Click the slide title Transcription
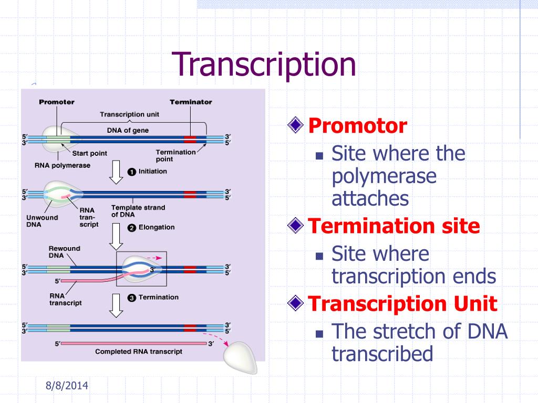click(x=264, y=65)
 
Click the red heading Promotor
click(x=357, y=126)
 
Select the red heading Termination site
click(x=394, y=226)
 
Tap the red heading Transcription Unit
click(x=402, y=304)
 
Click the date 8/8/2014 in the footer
click(x=67, y=386)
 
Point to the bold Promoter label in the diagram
click(x=57, y=102)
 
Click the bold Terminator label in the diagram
click(x=191, y=102)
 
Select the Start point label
click(x=89, y=153)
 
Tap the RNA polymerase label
click(x=63, y=165)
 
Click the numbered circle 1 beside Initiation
click(x=132, y=172)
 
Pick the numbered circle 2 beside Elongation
click(x=132, y=228)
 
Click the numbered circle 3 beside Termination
click(x=132, y=298)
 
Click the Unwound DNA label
click(x=42, y=221)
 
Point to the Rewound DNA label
click(x=64, y=252)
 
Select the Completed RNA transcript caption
click(x=139, y=352)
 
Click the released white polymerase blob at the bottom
click(x=241, y=357)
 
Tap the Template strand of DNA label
click(x=138, y=211)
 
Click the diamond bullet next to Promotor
click(x=295, y=125)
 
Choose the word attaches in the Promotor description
click(x=370, y=199)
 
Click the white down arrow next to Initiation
click(x=116, y=172)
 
